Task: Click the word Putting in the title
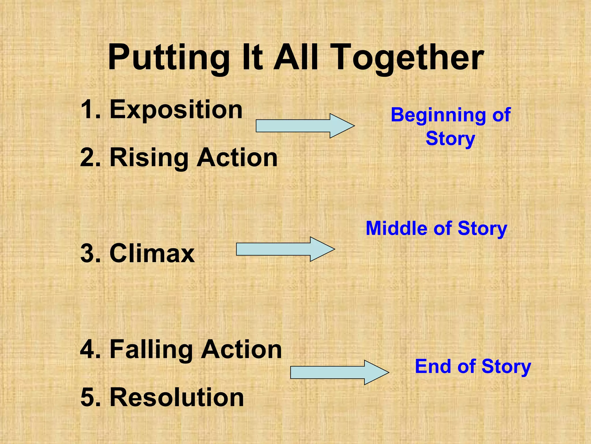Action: click(x=169, y=58)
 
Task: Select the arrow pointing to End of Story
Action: click(x=339, y=372)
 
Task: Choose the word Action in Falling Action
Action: click(x=241, y=349)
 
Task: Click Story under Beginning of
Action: click(x=450, y=139)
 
